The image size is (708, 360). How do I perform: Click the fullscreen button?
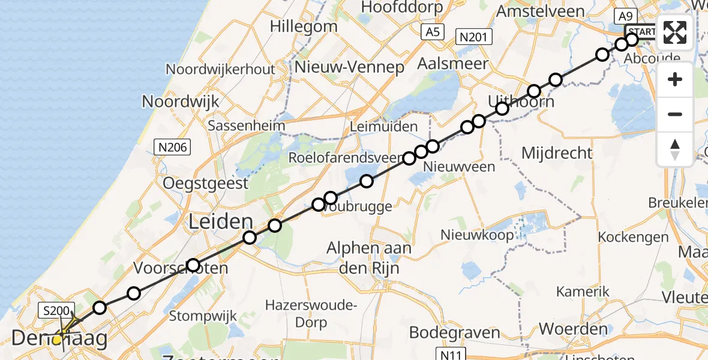click(x=675, y=32)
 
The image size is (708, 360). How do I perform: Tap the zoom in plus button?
click(x=675, y=79)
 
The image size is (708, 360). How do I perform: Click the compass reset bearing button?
click(x=675, y=149)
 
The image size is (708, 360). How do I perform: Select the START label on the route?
click(x=642, y=31)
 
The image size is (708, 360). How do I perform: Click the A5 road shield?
click(x=432, y=32)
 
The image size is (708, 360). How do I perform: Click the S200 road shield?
click(x=56, y=310)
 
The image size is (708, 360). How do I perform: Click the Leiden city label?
click(x=221, y=222)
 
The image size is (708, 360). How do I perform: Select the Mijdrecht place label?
click(x=557, y=153)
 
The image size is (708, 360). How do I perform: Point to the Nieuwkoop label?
click(x=477, y=235)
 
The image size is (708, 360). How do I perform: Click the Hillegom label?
click(x=304, y=26)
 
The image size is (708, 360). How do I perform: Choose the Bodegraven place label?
click(x=454, y=332)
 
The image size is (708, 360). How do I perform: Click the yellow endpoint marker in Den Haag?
click(x=58, y=340)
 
